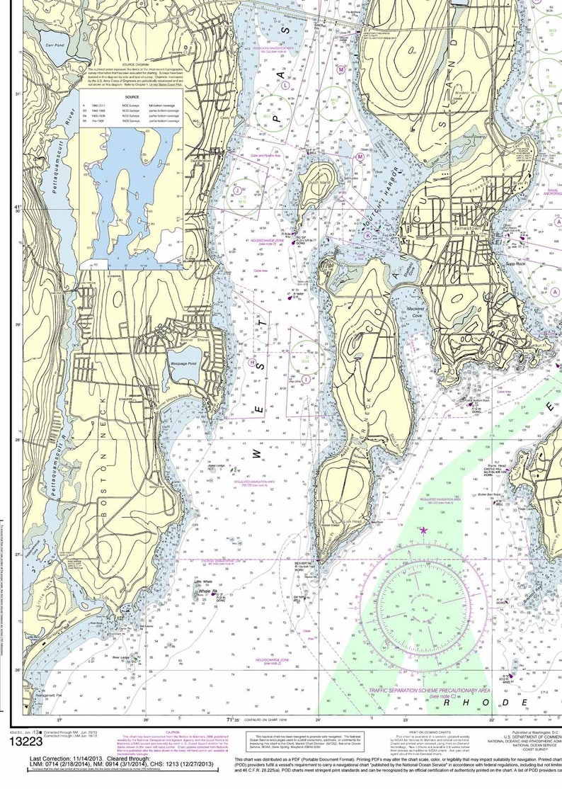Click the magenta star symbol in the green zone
424,529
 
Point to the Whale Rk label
206,590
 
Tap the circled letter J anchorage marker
235,190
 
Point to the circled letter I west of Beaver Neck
306,379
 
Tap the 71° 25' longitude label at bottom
233,720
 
